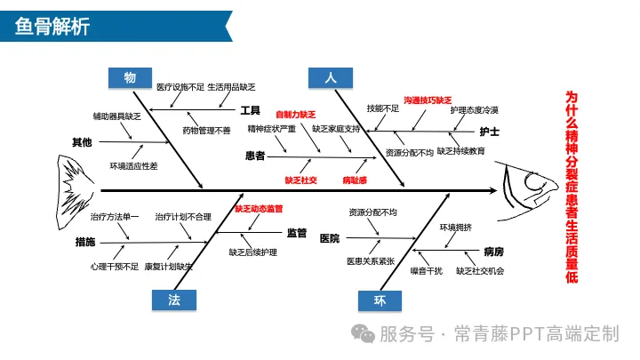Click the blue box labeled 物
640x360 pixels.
click(x=131, y=78)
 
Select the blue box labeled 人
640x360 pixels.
click(x=330, y=78)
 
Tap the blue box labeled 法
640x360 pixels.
click(x=174, y=300)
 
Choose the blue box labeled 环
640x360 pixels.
click(x=380, y=301)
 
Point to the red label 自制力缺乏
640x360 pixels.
click(x=295, y=115)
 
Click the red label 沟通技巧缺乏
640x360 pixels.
click(x=428, y=101)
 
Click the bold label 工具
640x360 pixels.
click(x=250, y=111)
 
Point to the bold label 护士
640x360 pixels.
click(x=489, y=132)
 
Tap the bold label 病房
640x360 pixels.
click(x=493, y=252)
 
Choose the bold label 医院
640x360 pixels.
click(x=329, y=238)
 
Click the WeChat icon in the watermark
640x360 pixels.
click(x=363, y=333)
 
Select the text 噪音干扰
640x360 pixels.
click(x=426, y=270)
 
